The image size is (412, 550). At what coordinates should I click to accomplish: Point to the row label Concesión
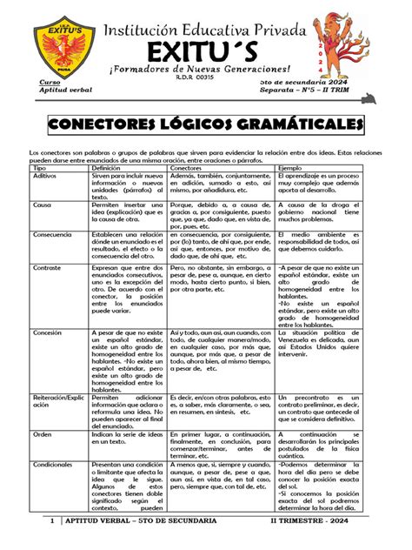pos(47,333)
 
